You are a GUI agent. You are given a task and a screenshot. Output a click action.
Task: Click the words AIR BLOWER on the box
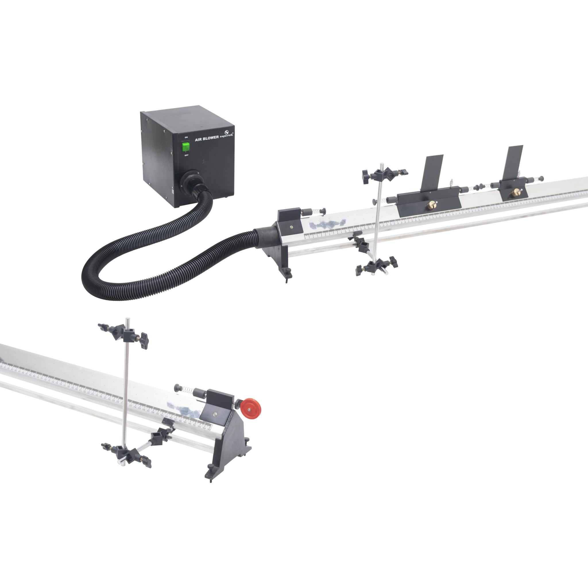click(x=207, y=138)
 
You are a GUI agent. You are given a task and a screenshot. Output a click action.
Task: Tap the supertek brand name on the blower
click(x=227, y=135)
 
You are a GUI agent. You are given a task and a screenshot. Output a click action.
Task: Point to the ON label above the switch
click(x=186, y=137)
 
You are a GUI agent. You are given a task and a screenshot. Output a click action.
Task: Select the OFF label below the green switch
click(x=186, y=155)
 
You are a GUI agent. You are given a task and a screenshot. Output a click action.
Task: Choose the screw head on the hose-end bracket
click(x=292, y=227)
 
